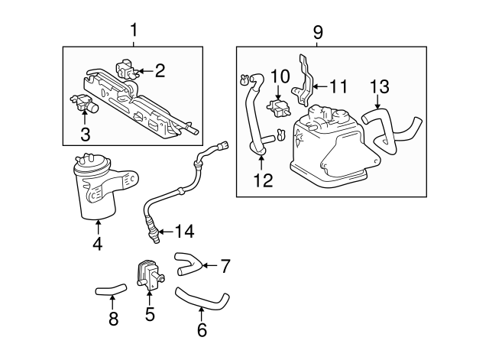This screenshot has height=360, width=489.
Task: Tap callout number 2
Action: [160, 71]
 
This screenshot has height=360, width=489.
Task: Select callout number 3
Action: [86, 135]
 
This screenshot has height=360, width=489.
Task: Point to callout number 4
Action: [97, 245]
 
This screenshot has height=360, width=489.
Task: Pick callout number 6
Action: [202, 329]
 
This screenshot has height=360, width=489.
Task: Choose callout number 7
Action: [225, 266]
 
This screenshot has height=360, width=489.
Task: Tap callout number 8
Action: [113, 319]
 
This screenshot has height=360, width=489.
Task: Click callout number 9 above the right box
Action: [318, 31]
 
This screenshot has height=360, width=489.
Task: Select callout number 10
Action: [280, 76]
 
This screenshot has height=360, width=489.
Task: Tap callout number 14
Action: [185, 231]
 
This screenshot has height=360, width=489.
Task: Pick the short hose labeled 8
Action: [108, 290]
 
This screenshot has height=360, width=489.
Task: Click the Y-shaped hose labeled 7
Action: [187, 263]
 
